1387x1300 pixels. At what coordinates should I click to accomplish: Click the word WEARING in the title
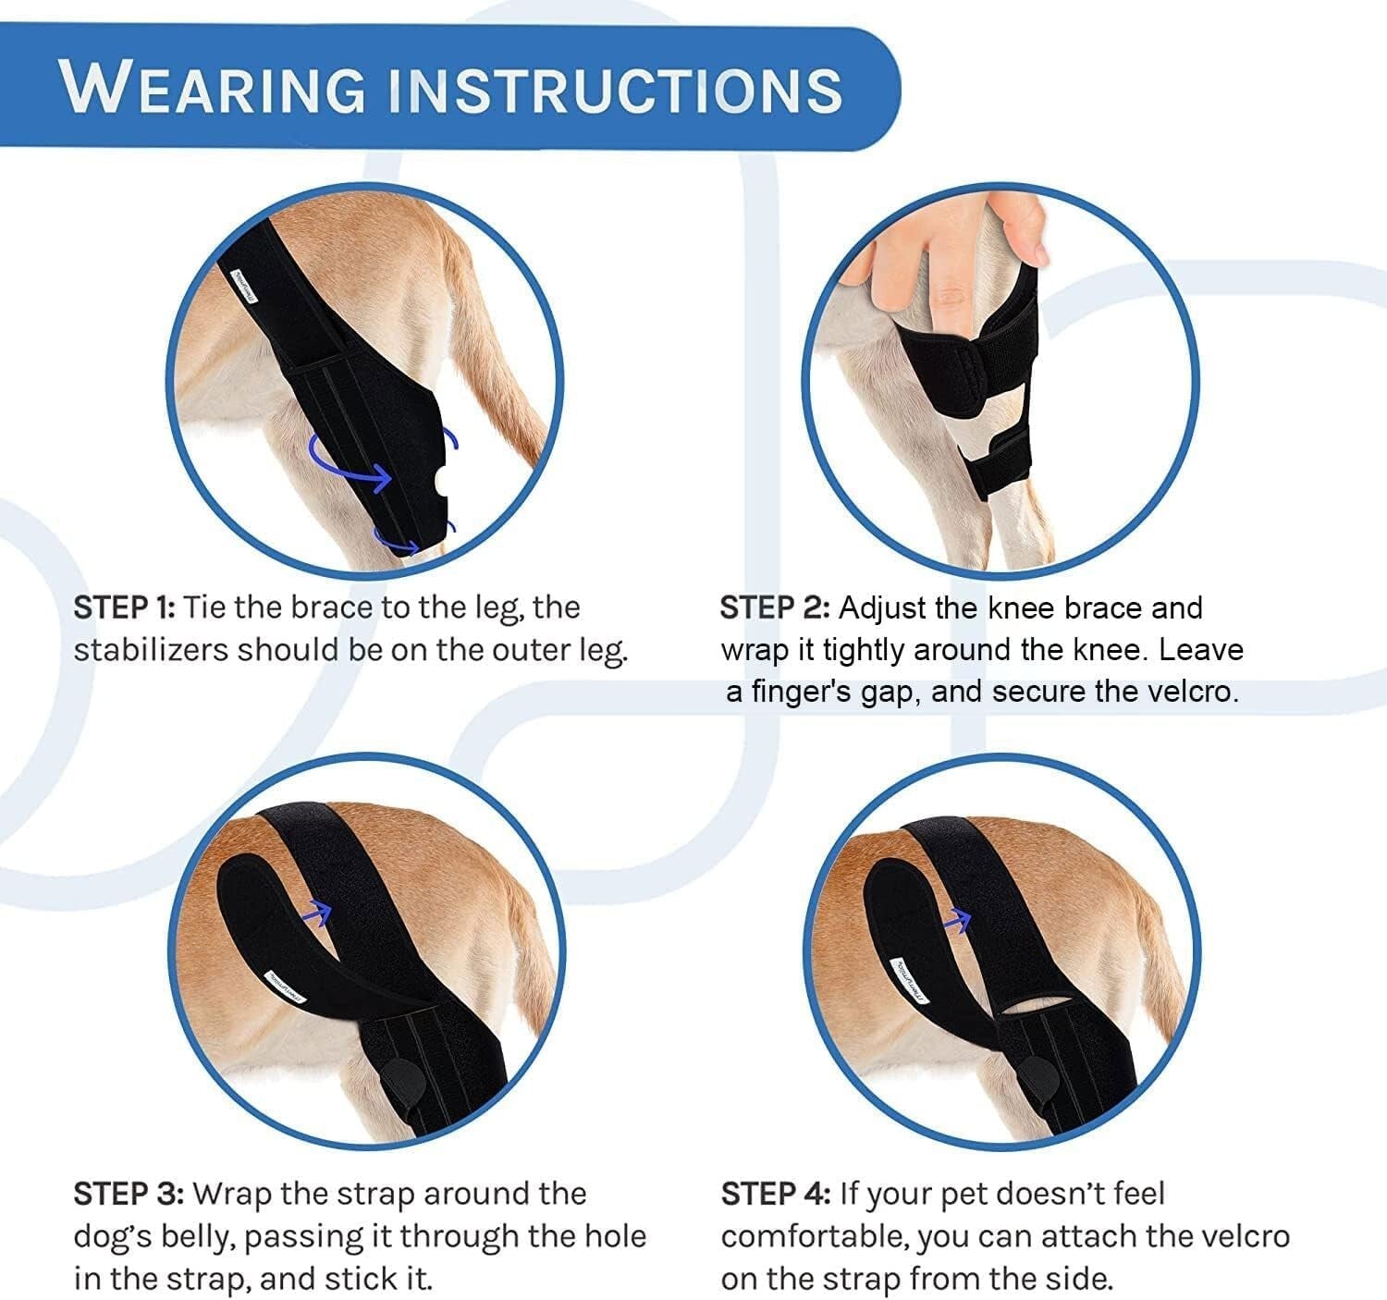(x=215, y=89)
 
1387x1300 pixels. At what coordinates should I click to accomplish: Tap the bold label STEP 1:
(x=124, y=607)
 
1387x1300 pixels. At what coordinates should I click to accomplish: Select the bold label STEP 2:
(x=775, y=608)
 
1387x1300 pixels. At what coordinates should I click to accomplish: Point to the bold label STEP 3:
(x=129, y=1194)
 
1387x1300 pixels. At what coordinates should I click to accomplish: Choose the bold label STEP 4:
(x=776, y=1194)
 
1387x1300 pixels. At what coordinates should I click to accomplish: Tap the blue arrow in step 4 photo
(x=958, y=918)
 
